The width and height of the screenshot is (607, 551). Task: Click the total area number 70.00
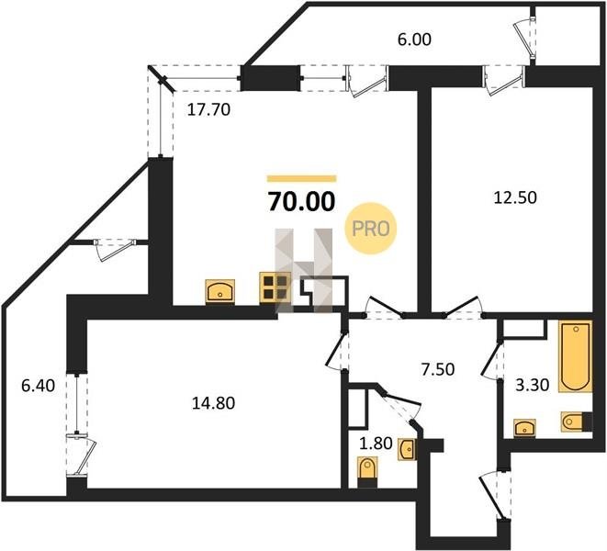point(301,202)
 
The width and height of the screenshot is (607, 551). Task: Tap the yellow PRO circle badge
point(371,229)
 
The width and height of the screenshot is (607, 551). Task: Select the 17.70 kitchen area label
point(208,110)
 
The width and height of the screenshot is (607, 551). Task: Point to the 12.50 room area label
point(515,197)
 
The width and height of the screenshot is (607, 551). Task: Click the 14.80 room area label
point(214,403)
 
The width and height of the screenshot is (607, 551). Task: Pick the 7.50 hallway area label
point(438,369)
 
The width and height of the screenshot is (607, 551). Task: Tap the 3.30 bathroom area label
point(533,386)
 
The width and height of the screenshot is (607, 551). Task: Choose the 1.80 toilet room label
point(376,444)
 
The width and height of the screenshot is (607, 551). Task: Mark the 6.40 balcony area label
point(38,386)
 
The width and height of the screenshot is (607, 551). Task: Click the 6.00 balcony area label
point(414,39)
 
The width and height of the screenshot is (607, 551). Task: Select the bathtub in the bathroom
point(575,356)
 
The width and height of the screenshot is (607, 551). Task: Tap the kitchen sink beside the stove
point(219,290)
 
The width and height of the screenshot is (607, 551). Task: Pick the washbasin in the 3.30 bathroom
point(525,428)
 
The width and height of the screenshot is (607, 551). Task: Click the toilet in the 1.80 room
point(367,471)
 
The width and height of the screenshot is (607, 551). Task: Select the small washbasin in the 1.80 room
point(408,450)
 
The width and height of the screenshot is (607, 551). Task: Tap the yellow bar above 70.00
point(301,178)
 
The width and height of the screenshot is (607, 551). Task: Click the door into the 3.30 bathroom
point(492,360)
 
